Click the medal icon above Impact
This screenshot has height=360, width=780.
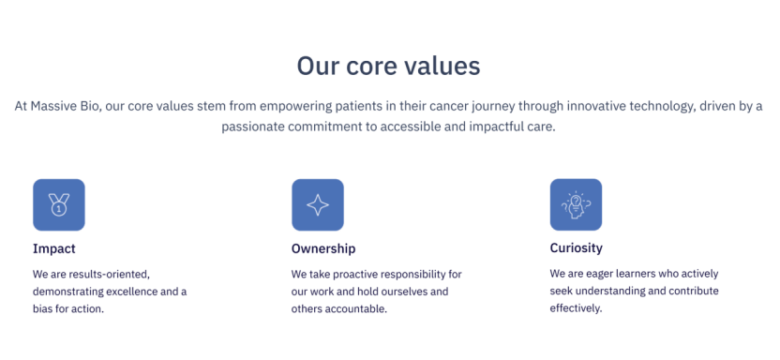[59, 205]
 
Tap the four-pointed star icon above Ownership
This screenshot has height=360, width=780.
[318, 205]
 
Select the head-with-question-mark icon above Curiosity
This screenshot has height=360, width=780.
[576, 205]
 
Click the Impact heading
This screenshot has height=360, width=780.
[54, 248]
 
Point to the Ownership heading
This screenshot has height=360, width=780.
[323, 248]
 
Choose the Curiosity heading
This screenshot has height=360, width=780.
[576, 247]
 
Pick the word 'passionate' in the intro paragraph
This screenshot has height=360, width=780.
[251, 127]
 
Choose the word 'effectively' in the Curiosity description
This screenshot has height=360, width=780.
[576, 308]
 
